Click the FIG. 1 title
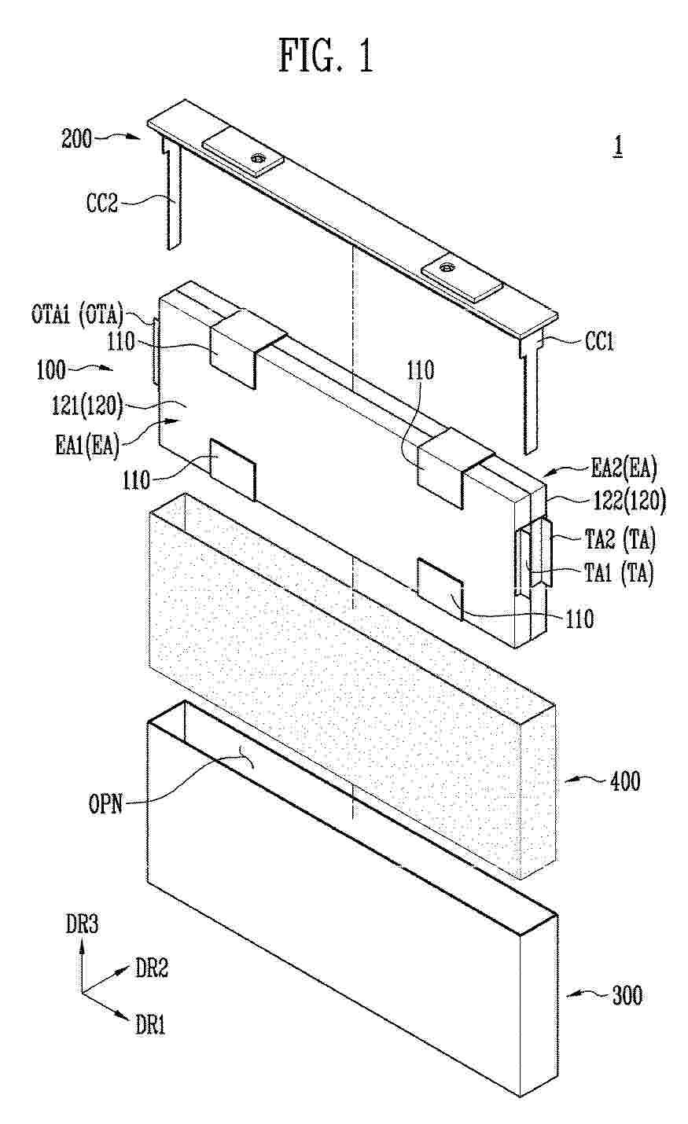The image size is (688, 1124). [326, 57]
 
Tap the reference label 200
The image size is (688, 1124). [77, 138]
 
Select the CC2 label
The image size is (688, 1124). [102, 204]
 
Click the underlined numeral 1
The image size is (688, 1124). [618, 146]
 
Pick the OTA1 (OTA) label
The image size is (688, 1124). [77, 315]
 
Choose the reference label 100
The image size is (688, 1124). [51, 371]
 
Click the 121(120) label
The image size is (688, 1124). [87, 406]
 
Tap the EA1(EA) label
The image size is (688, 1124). [88, 446]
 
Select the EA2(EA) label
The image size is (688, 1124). [624, 468]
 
